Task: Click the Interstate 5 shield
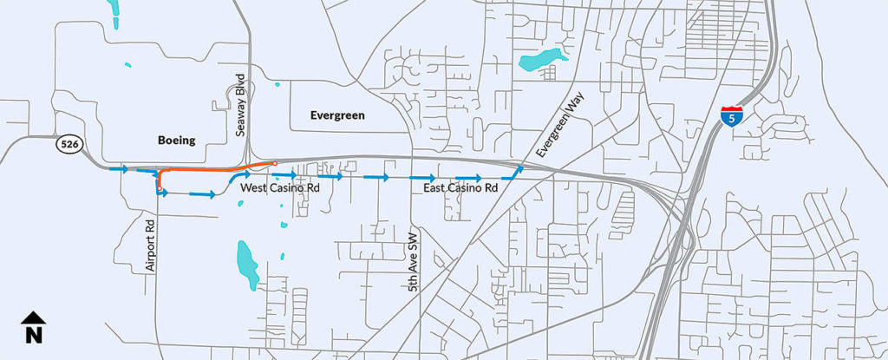(x=731, y=115)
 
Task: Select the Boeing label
(x=177, y=140)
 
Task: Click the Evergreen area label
(x=337, y=115)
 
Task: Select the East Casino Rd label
(x=460, y=188)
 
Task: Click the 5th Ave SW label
(x=414, y=261)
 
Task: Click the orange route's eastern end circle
(x=274, y=163)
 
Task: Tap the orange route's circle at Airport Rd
(x=160, y=187)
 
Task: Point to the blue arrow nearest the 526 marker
(x=119, y=168)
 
